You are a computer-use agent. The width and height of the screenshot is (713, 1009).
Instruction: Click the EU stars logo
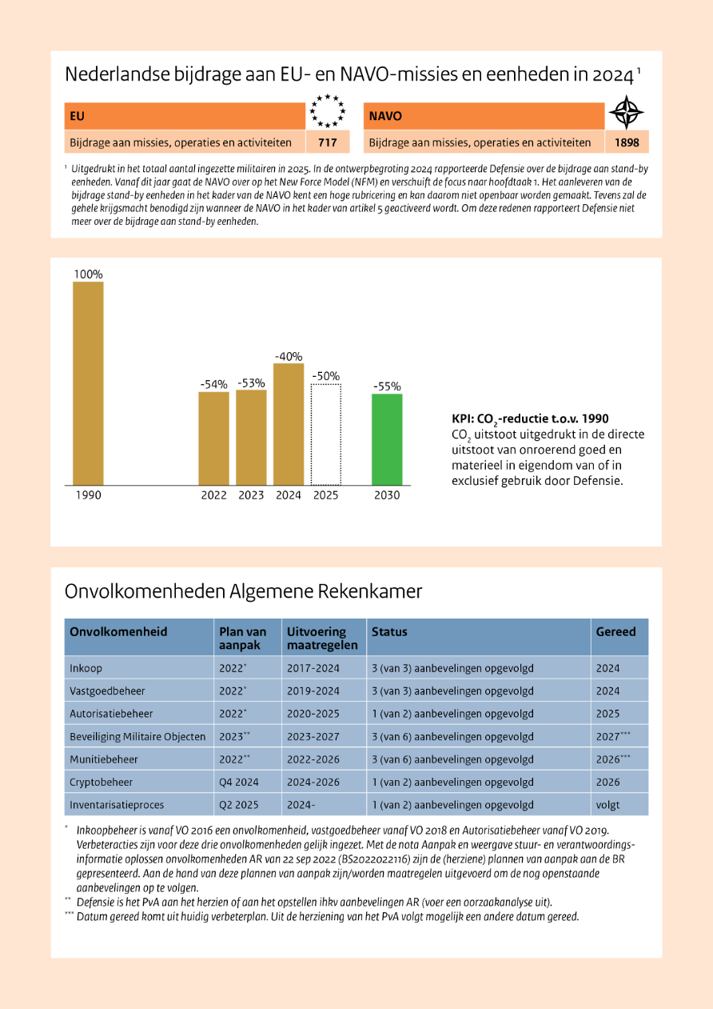(329, 111)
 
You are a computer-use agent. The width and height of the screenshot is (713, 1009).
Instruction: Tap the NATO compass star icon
(626, 113)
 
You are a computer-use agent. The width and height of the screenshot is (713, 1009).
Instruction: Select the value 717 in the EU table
(328, 143)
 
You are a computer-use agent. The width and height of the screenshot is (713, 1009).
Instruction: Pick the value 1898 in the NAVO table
(626, 143)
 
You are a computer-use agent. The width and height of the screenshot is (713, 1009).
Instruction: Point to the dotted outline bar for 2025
(326, 434)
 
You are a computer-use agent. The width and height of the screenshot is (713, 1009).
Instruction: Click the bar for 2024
(289, 424)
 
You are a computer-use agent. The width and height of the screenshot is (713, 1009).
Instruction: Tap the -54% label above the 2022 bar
(214, 385)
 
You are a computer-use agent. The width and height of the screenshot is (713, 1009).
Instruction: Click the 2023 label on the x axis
(251, 495)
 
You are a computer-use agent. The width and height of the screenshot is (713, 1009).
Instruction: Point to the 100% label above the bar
(88, 274)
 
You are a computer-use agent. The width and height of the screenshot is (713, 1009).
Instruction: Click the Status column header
(389, 632)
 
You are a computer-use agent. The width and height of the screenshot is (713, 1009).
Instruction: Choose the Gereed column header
(615, 632)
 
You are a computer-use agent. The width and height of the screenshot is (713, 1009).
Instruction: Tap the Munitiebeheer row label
(104, 759)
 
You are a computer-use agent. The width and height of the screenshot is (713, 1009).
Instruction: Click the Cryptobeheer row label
(101, 782)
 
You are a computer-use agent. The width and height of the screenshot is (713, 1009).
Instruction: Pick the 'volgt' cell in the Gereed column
(607, 805)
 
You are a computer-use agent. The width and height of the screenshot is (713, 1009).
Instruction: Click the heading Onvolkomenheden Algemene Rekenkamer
(243, 592)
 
